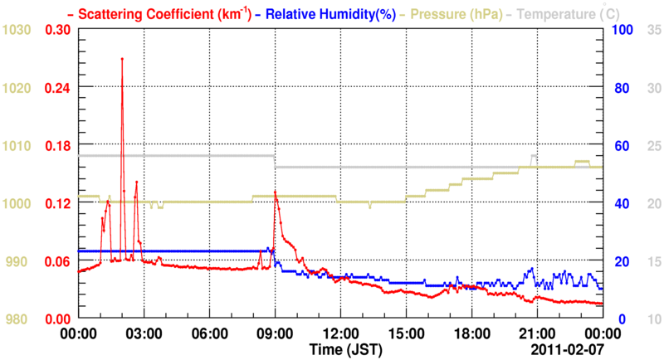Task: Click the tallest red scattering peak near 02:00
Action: pos(122,60)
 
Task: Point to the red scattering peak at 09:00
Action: pos(275,192)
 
